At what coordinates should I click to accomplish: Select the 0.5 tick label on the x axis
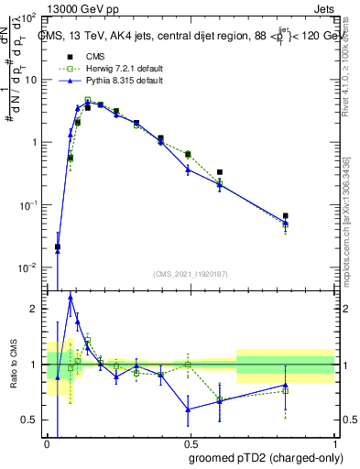coord(191,444)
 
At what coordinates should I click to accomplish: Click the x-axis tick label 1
coord(333,444)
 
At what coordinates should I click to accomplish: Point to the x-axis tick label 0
coord(48,444)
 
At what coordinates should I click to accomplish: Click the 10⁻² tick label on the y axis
coord(28,267)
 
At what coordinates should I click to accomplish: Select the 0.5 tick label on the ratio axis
coord(30,420)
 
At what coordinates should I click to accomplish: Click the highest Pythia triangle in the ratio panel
coord(70,297)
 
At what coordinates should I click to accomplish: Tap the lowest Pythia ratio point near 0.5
coord(188,409)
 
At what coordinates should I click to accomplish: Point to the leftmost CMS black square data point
coord(58,246)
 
